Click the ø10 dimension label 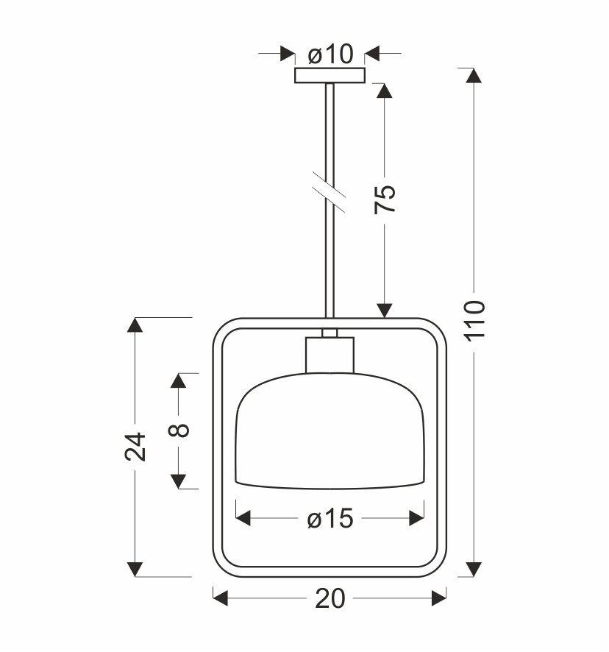[x=330, y=54]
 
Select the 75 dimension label [x=385, y=199]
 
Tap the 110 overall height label [x=474, y=321]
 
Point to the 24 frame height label [x=135, y=447]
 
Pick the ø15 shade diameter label [x=330, y=519]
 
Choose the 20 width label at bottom [x=330, y=598]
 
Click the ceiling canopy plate [x=330, y=76]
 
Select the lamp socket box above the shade [x=330, y=355]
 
